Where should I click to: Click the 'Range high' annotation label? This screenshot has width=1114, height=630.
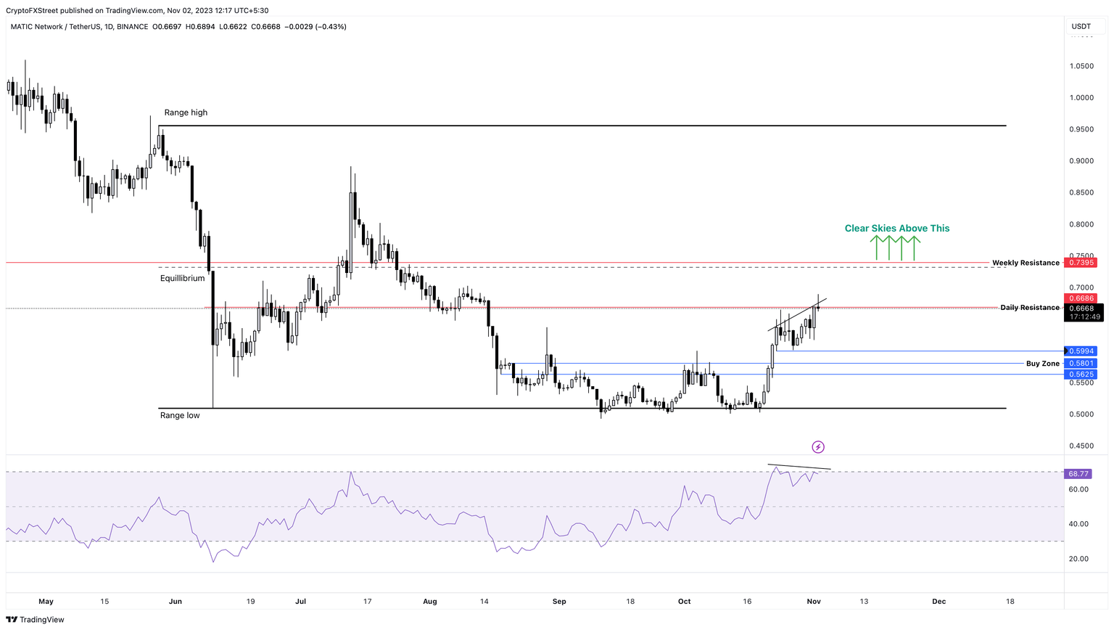click(186, 112)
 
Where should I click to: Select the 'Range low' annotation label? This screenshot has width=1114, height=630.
click(180, 415)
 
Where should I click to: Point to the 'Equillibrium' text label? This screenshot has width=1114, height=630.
click(183, 278)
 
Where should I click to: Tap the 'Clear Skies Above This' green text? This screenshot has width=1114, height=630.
click(897, 228)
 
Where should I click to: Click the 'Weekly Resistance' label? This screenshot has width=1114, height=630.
click(1026, 263)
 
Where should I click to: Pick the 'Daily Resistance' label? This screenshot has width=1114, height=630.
click(1030, 308)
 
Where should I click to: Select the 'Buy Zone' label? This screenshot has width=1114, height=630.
click(1043, 364)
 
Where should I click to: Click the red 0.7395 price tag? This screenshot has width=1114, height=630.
click(1081, 263)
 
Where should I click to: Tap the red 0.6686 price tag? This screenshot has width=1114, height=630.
click(1081, 298)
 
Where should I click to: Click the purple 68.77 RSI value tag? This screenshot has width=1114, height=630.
click(1078, 474)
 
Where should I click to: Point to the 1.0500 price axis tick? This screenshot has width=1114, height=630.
click(1081, 66)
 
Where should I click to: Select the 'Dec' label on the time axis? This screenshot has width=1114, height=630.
click(938, 601)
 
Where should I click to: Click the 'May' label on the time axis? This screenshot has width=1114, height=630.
click(46, 601)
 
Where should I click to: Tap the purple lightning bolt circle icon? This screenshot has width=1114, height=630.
click(818, 447)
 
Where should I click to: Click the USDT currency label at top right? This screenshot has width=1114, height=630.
click(1081, 27)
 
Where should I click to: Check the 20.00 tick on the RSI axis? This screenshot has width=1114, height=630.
click(1078, 559)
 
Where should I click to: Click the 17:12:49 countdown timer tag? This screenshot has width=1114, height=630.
click(1084, 317)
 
